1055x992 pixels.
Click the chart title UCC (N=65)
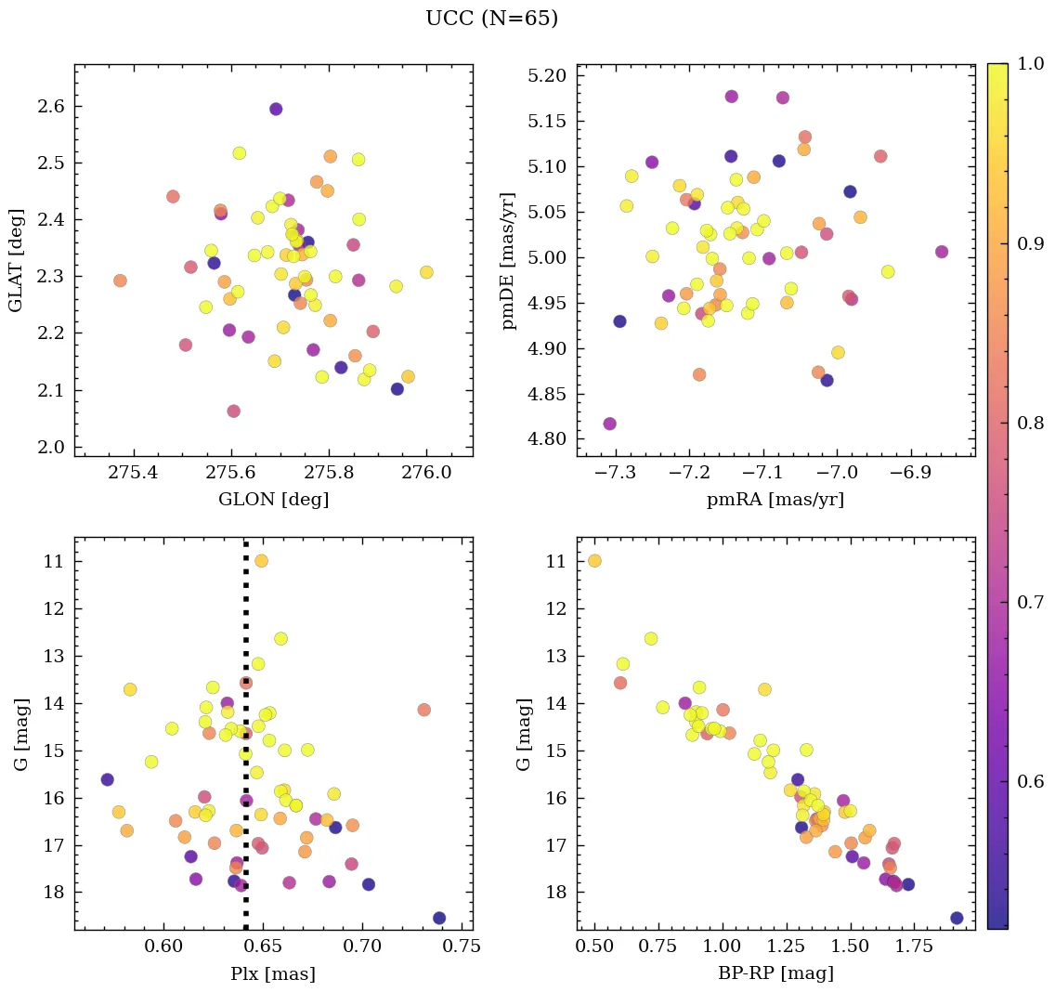(491, 19)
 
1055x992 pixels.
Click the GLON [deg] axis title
(273, 500)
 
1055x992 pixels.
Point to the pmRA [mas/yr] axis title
(775, 500)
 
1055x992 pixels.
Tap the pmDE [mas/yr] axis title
(508, 260)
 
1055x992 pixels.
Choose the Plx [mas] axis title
(273, 973)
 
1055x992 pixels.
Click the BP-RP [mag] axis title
(775, 973)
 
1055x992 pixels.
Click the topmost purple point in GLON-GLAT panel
(276, 109)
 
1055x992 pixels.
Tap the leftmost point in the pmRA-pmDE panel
(609, 424)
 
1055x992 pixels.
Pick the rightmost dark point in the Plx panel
(439, 918)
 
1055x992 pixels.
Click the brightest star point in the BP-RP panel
(594, 560)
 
